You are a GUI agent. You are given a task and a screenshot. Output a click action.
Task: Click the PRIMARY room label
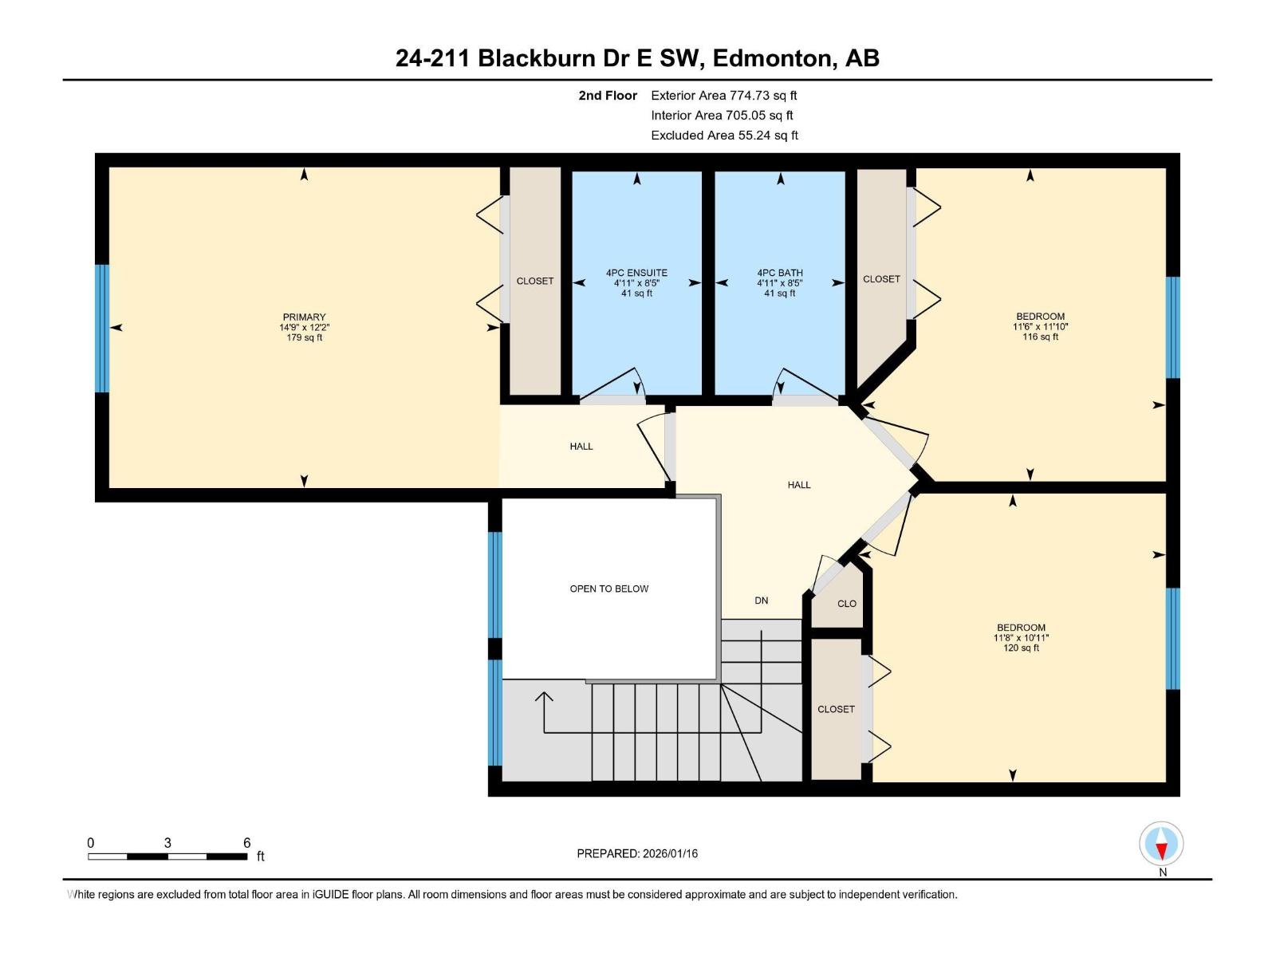point(304,317)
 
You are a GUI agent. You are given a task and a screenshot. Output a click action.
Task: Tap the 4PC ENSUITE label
point(636,273)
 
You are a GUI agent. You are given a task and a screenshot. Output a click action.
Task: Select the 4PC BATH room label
point(780,273)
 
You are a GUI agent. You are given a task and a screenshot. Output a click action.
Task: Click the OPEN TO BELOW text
point(608,589)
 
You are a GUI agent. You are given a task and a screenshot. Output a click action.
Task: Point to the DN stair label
point(762,601)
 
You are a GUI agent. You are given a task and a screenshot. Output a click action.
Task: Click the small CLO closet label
point(847,604)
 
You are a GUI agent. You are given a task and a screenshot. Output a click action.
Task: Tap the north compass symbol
point(1161,844)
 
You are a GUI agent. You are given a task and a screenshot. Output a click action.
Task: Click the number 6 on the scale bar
point(247,843)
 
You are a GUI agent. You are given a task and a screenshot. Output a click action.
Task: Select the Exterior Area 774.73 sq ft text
point(723,96)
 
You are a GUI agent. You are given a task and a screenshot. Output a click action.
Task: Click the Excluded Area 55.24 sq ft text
point(724,136)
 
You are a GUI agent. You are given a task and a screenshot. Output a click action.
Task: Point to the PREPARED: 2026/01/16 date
point(637,853)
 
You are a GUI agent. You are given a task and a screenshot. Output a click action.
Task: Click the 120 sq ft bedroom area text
point(1021,648)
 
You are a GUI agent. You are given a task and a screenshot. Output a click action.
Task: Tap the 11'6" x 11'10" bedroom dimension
point(1040,326)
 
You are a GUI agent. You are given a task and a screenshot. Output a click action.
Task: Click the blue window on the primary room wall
point(101,328)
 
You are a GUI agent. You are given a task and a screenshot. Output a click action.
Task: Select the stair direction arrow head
point(544,696)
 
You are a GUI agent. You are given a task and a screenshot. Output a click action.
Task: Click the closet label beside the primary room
point(534,281)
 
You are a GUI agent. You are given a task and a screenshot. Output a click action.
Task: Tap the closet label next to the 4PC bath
point(881,279)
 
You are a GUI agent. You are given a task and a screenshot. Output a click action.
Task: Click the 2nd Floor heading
point(608,96)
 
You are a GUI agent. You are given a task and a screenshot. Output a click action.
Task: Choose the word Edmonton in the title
point(770,58)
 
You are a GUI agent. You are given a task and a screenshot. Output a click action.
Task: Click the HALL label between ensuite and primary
point(581,447)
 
